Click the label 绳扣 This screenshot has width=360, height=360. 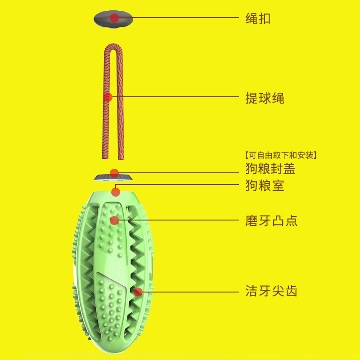click(x=258, y=18)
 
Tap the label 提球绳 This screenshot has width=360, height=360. click(x=265, y=98)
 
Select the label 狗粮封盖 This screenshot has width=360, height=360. click(x=270, y=168)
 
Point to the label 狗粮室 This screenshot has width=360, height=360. click(x=265, y=185)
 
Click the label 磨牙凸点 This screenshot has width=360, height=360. click(x=271, y=220)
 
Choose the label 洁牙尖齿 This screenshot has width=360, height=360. click(x=271, y=291)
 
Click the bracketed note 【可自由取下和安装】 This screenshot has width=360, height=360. click(x=281, y=155)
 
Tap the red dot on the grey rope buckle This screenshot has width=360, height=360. click(x=114, y=18)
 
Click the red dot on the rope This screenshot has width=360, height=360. click(x=108, y=97)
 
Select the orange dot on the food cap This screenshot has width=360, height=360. click(x=114, y=173)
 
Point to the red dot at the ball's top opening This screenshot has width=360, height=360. click(x=116, y=192)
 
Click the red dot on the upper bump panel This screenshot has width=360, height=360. click(x=114, y=220)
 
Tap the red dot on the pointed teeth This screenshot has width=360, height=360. click(x=138, y=292)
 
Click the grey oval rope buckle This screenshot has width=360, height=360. click(x=113, y=19)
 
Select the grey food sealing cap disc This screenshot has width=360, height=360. click(x=113, y=177)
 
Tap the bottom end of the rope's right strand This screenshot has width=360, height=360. click(x=121, y=158)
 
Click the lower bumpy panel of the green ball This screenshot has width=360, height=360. click(x=111, y=306)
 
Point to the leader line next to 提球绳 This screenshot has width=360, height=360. click(x=175, y=97)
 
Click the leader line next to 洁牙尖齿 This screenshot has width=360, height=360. click(x=190, y=292)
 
